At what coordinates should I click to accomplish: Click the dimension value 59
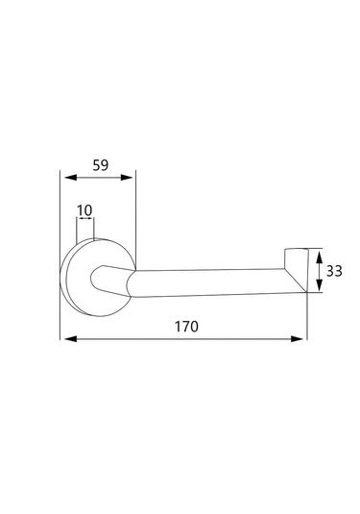click(100, 165)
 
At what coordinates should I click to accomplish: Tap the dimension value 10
click(84, 210)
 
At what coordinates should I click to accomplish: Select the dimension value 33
click(334, 271)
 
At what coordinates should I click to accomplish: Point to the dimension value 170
click(186, 327)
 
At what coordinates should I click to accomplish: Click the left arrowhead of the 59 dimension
click(70, 178)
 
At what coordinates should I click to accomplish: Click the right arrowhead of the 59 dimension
click(127, 178)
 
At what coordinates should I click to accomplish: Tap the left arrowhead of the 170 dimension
click(70, 338)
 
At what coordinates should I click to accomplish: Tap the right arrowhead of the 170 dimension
click(297, 338)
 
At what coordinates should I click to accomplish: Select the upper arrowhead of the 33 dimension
click(319, 256)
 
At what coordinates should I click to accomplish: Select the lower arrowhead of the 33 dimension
click(319, 285)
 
